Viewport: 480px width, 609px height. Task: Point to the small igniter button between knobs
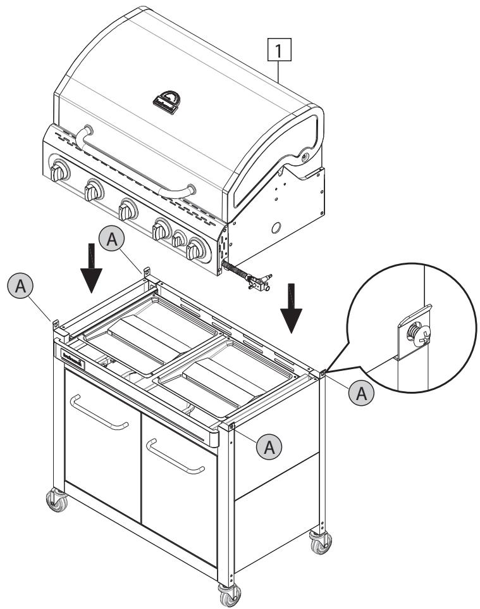tap(179, 239)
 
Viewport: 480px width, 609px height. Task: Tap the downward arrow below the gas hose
tap(292, 310)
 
